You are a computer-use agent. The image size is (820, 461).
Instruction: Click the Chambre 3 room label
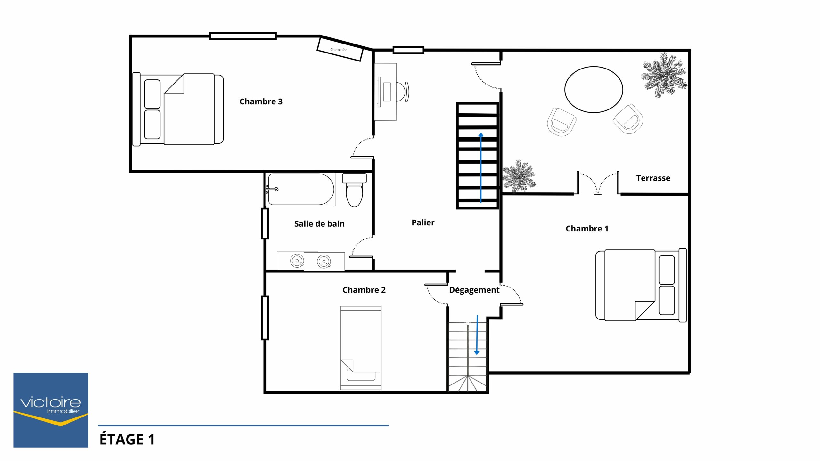261,101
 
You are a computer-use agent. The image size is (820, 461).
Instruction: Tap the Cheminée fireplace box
340,49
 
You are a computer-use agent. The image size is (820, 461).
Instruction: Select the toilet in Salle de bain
354,190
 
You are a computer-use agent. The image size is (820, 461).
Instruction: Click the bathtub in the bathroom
300,189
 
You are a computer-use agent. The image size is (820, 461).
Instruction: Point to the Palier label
423,222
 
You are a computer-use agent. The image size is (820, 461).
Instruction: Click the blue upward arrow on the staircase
481,168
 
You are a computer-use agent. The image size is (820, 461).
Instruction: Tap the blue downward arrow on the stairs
477,335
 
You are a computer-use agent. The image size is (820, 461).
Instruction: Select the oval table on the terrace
594,90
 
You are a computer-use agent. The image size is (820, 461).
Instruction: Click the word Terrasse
653,178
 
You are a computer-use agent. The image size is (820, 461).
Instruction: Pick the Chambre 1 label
587,229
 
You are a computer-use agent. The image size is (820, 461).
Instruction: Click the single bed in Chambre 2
361,348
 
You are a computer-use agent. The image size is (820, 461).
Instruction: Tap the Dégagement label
474,290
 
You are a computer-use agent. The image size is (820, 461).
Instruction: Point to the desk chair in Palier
403,92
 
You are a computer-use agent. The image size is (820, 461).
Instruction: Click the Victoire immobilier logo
51,410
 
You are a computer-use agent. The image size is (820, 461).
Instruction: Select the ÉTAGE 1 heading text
127,439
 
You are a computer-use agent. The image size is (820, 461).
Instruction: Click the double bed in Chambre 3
178,109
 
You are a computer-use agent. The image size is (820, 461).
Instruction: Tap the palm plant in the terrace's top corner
664,75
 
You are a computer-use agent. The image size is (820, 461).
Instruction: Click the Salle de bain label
319,224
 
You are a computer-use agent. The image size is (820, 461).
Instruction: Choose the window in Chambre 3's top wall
243,36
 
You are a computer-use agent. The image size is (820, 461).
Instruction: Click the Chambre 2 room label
364,290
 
